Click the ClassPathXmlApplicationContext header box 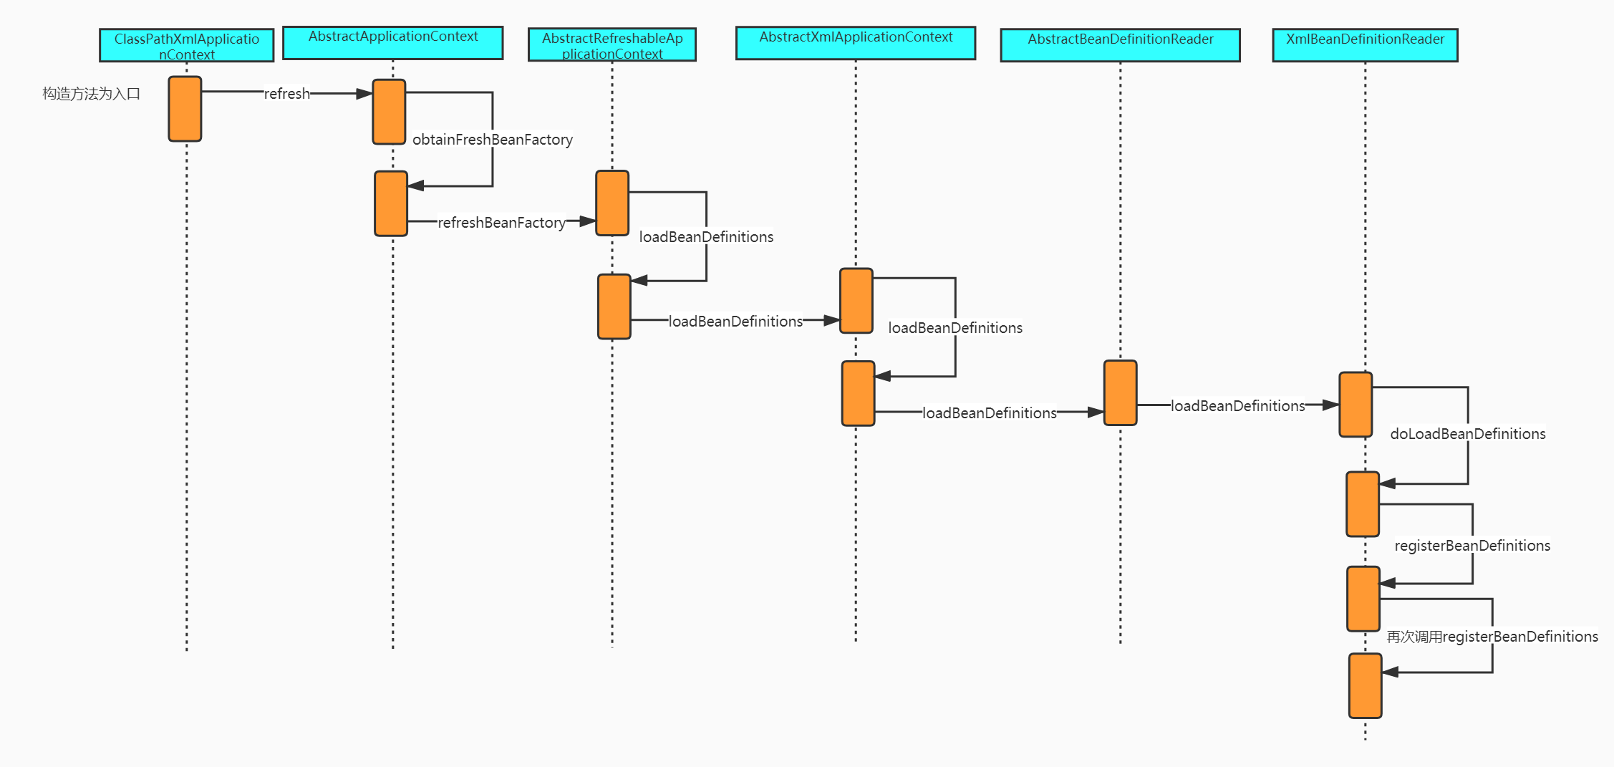tap(186, 45)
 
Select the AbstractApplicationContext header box tap(392, 43)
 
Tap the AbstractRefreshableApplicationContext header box tap(612, 45)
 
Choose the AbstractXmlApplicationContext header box tap(855, 43)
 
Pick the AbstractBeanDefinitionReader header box tap(1120, 45)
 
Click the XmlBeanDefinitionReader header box tap(1365, 45)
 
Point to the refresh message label tap(286, 94)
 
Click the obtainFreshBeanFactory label tap(493, 140)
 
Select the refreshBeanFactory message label tap(501, 223)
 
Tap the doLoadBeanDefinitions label tap(1468, 434)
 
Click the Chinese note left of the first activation tap(91, 94)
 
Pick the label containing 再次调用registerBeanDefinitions tap(1492, 637)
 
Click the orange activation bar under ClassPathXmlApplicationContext tap(185, 109)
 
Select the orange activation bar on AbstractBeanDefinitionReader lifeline tap(1120, 392)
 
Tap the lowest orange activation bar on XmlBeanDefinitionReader tap(1365, 685)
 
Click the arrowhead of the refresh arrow tap(364, 94)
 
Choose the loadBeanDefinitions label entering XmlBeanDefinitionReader tap(1237, 406)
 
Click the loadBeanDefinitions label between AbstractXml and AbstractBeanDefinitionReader tap(989, 413)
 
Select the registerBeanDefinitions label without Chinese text tap(1472, 546)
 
